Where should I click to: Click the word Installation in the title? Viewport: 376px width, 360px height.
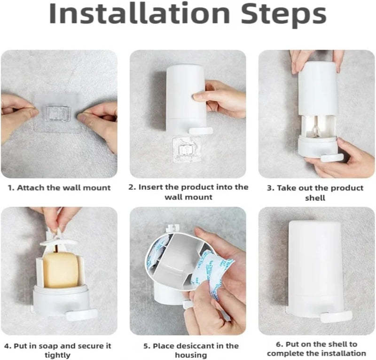(140, 13)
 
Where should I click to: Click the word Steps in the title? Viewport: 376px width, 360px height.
(284, 15)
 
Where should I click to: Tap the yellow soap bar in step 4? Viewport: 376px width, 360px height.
(61, 270)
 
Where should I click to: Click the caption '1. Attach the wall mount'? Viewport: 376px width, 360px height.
(59, 188)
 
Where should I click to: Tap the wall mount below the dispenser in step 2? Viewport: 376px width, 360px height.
(187, 149)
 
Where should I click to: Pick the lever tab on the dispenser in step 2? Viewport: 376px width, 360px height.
(201, 131)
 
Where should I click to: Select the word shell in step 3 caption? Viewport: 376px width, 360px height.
(315, 198)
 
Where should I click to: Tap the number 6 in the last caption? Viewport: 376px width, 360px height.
(278, 344)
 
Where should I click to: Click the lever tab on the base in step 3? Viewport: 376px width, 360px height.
(332, 157)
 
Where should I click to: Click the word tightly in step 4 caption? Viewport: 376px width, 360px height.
(57, 355)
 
